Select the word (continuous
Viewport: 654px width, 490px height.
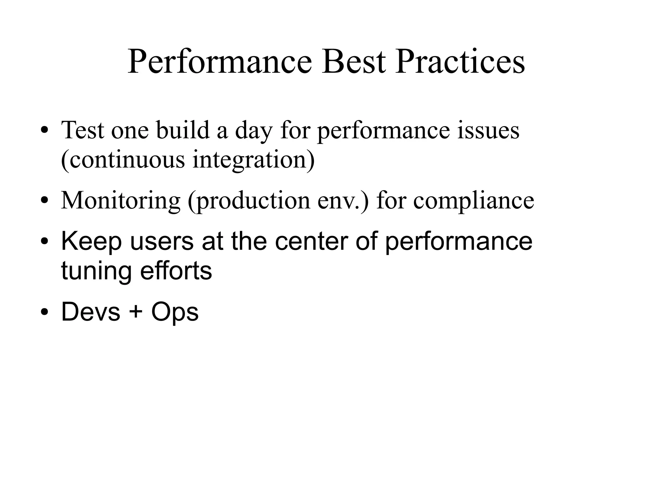click(123, 160)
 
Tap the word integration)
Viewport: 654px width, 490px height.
click(254, 160)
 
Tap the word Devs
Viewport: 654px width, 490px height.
click(91, 312)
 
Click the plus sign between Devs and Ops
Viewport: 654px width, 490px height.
click(135, 312)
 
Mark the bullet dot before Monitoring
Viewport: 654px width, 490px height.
click(44, 201)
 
